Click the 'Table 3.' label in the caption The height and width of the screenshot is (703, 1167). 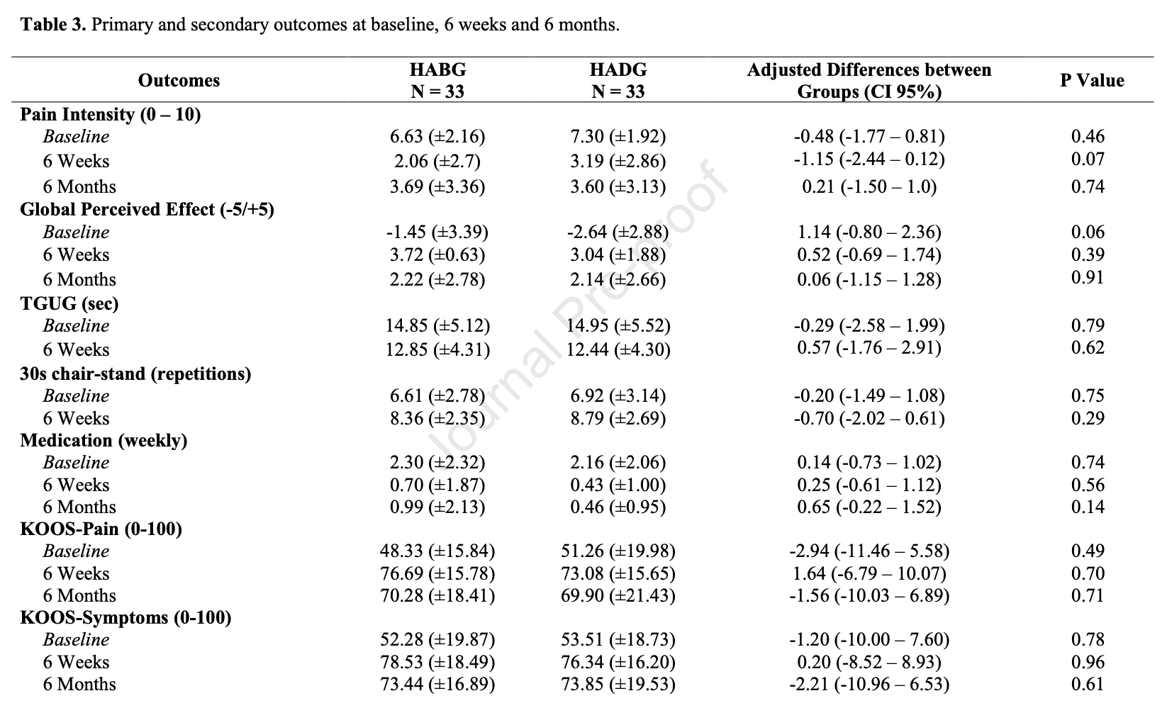[x=52, y=25]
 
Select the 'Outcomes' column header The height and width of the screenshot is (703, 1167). [x=179, y=80]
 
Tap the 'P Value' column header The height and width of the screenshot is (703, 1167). [x=1092, y=80]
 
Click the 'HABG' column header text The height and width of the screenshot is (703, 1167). [x=437, y=69]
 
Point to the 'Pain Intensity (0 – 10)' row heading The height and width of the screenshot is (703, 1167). [x=111, y=114]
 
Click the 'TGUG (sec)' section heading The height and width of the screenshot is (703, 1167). [x=69, y=303]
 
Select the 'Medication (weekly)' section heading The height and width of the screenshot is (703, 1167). [x=104, y=441]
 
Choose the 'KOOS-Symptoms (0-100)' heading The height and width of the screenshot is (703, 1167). [x=125, y=617]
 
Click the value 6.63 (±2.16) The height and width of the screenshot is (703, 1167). [x=437, y=137]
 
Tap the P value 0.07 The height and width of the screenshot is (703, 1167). [x=1088, y=159]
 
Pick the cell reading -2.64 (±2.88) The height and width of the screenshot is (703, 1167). [x=618, y=232]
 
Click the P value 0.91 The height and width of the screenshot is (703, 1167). [x=1088, y=277]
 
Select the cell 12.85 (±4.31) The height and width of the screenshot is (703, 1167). [x=437, y=349]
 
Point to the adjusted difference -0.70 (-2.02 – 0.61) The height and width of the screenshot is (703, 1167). [x=869, y=418]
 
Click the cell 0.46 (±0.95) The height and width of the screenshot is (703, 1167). [x=618, y=507]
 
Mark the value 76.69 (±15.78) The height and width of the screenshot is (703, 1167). [x=437, y=573]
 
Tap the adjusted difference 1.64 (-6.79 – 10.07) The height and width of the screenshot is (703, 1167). [x=869, y=573]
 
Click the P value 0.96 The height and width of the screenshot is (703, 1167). [x=1088, y=662]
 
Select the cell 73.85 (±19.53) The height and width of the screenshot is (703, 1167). [x=618, y=684]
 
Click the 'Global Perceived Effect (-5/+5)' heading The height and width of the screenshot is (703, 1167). [x=147, y=209]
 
